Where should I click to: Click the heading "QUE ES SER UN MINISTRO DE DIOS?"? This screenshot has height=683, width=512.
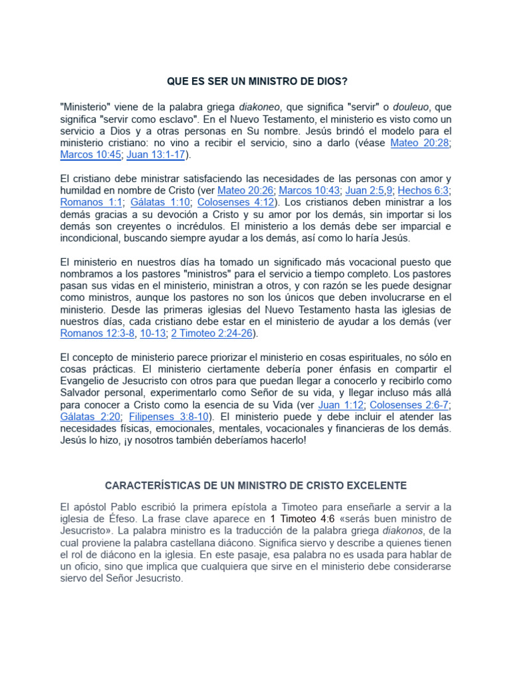tap(257, 81)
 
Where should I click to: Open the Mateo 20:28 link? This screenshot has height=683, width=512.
tap(420, 142)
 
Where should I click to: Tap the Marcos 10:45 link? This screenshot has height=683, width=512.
tap(90, 154)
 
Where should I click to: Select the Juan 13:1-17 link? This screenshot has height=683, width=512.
tap(157, 154)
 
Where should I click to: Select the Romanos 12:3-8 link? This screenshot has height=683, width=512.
tap(96, 333)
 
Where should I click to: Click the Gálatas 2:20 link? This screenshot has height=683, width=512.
tap(90, 417)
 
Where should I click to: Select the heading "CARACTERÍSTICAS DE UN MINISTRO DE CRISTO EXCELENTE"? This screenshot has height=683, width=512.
tap(256, 485)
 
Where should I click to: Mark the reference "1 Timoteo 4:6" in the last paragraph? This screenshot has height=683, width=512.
tap(302, 519)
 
